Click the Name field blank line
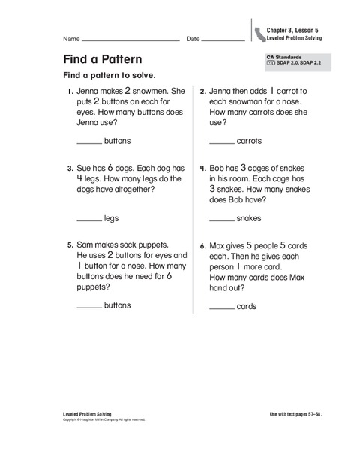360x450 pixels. tap(130, 39)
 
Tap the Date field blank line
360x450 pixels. tap(223, 39)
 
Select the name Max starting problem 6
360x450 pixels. tap(218, 245)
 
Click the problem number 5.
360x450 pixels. tap(69, 245)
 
